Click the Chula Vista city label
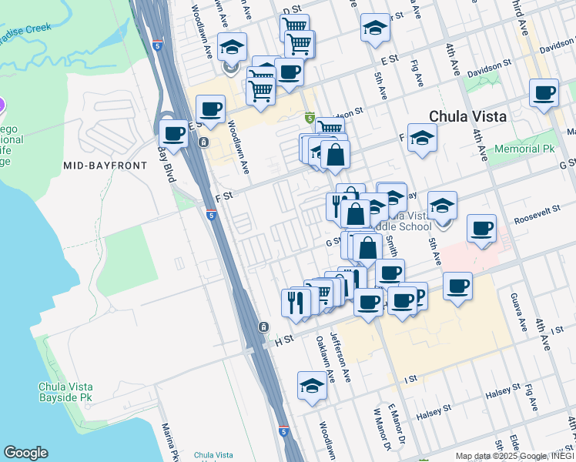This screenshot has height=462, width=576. tap(467, 116)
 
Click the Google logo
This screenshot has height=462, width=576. tap(25, 453)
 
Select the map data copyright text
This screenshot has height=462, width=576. tap(513, 456)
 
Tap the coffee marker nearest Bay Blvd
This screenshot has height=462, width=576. tap(175, 132)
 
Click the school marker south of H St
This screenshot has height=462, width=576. tap(312, 384)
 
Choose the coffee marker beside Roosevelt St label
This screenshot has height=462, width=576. tap(481, 228)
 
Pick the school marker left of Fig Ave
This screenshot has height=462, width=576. tap(374, 28)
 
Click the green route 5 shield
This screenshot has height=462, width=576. tap(310, 118)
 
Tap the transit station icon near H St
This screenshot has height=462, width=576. tap(264, 327)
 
